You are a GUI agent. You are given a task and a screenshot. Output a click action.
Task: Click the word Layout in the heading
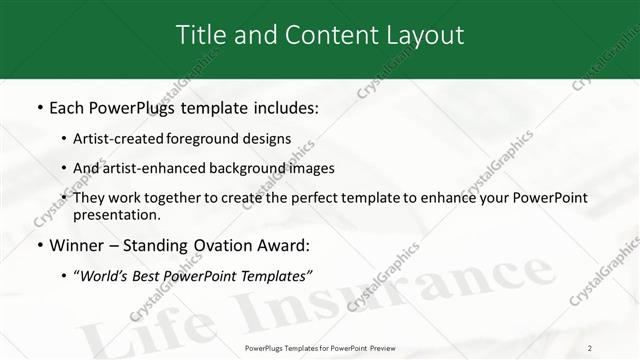tap(424, 34)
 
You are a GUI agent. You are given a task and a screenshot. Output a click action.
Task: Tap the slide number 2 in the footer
tap(589, 348)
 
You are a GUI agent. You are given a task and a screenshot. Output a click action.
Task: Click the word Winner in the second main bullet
tap(77, 244)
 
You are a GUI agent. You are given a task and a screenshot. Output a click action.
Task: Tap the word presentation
tap(116, 215)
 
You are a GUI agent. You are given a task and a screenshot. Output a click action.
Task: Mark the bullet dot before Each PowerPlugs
tap(39, 106)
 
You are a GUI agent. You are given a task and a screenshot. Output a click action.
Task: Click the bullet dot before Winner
tap(39, 244)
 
